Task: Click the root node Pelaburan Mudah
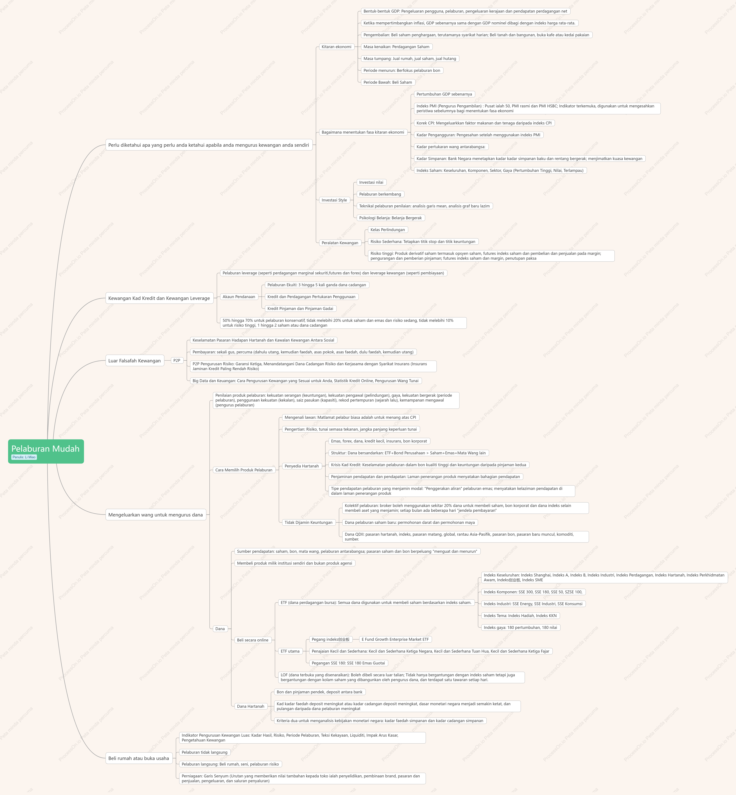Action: click(46, 451)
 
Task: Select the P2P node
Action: click(177, 360)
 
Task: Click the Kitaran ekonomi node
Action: click(337, 47)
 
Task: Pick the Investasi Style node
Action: click(334, 200)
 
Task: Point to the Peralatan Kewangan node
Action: click(340, 243)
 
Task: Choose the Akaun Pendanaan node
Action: click(239, 296)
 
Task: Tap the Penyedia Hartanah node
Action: click(302, 466)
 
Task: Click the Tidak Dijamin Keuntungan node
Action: click(308, 522)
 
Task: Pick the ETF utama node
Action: click(290, 651)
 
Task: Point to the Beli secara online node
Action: click(253, 640)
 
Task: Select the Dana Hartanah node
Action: click(251, 706)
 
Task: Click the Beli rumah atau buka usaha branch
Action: click(139, 758)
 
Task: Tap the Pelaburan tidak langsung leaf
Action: click(205, 752)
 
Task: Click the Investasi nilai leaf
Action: click(371, 182)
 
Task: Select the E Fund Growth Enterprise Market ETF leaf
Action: click(395, 639)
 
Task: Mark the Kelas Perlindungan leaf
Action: click(387, 230)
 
